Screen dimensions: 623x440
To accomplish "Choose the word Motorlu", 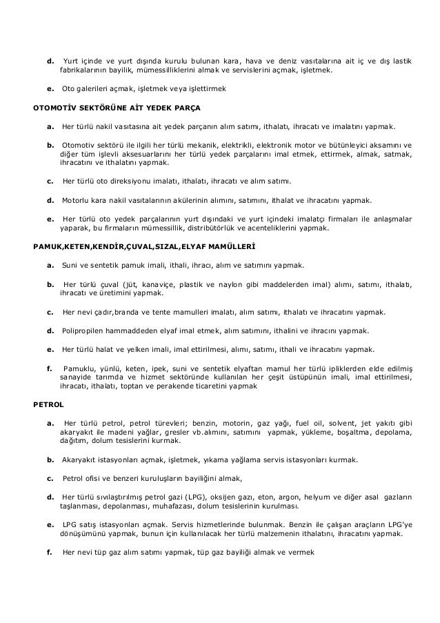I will (77, 201).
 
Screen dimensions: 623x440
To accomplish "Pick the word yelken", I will (133, 350).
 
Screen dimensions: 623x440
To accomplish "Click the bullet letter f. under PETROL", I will (49, 552).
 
